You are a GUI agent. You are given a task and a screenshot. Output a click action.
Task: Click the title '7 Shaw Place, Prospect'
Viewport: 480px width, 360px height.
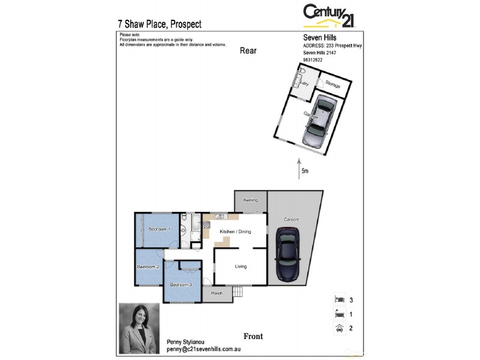click(160, 25)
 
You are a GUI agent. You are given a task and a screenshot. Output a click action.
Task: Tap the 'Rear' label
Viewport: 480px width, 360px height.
click(248, 50)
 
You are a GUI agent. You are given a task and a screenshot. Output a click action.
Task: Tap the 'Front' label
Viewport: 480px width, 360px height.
click(253, 336)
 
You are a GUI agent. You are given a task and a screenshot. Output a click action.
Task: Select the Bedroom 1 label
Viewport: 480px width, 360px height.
click(160, 229)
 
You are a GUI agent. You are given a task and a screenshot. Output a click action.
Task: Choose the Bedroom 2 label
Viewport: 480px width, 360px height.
click(148, 266)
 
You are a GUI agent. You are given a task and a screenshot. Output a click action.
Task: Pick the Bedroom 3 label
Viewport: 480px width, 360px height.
click(181, 284)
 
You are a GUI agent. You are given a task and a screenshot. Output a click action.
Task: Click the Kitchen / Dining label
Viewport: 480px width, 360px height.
click(235, 232)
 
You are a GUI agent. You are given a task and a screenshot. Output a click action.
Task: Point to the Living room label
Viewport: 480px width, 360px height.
click(240, 266)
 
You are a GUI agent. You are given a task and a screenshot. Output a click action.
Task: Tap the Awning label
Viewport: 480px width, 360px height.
click(250, 200)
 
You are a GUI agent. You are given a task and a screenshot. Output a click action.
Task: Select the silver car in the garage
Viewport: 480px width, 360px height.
click(317, 124)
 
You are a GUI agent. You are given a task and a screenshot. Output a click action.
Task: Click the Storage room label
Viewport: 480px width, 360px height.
click(333, 86)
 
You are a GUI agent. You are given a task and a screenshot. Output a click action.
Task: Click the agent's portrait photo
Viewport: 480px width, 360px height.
click(139, 328)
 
